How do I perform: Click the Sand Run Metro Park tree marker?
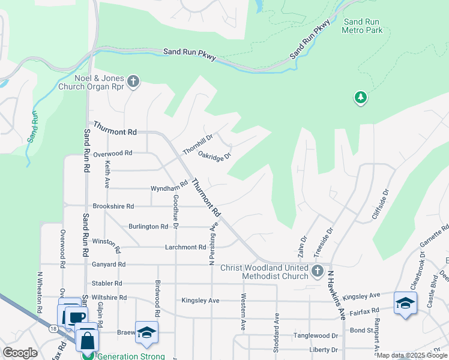pyautogui.click(x=360, y=98)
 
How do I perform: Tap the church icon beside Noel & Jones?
pyautogui.click(x=133, y=81)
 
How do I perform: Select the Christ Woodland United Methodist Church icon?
pyautogui.click(x=318, y=272)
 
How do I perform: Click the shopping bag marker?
pyautogui.click(x=88, y=339)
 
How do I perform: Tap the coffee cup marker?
pyautogui.click(x=76, y=317)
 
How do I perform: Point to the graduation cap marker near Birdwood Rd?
pyautogui.click(x=146, y=333)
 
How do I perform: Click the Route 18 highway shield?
pyautogui.click(x=53, y=328)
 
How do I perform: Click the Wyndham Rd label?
pyautogui.click(x=170, y=188)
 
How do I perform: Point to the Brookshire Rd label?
pyautogui.click(x=113, y=206)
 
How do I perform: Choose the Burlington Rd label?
pyautogui.click(x=148, y=227)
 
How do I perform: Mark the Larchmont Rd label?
pyautogui.click(x=185, y=247)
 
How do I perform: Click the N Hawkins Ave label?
pyautogui.click(x=337, y=295)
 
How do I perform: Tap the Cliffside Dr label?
pyautogui.click(x=381, y=203)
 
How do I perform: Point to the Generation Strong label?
pyautogui.click(x=131, y=356)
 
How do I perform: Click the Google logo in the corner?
pyautogui.click(x=20, y=353)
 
